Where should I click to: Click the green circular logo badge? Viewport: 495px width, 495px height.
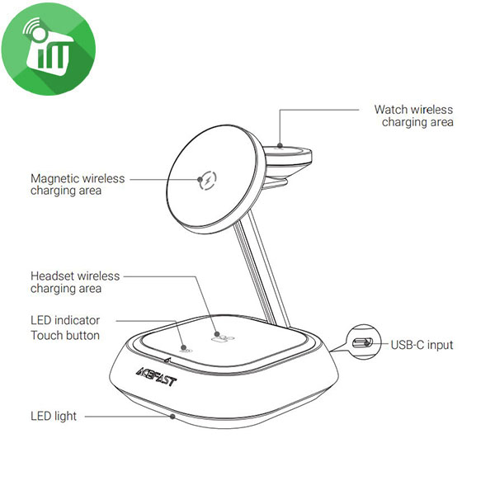[x=49, y=49]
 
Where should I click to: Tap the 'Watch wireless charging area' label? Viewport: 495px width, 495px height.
[x=414, y=115]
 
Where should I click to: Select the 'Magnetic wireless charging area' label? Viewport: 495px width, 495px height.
[x=78, y=185]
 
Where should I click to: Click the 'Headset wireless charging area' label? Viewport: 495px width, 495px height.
[x=75, y=282]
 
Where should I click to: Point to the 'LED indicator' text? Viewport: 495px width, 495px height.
[x=65, y=320]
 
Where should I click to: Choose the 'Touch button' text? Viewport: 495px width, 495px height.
[x=65, y=335]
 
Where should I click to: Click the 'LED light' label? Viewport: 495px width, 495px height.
[x=54, y=417]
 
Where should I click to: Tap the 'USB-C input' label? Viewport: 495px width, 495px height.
[x=422, y=345]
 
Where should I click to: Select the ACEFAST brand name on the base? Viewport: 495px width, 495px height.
[x=157, y=377]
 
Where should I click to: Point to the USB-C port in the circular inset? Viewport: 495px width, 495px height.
[x=362, y=342]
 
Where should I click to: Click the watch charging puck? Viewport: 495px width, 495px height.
[x=288, y=156]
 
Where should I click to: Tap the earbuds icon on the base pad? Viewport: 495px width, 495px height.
[x=223, y=339]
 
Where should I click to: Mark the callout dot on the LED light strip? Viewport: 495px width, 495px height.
[x=172, y=417]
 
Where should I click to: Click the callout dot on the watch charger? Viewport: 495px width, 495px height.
[x=280, y=145]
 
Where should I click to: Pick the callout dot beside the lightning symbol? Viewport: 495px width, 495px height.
[x=200, y=180]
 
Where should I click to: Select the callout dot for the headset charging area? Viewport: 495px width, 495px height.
[x=217, y=333]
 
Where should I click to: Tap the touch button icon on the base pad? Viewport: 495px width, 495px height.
[x=186, y=349]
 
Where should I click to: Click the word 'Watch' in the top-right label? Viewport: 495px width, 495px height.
[x=391, y=110]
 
